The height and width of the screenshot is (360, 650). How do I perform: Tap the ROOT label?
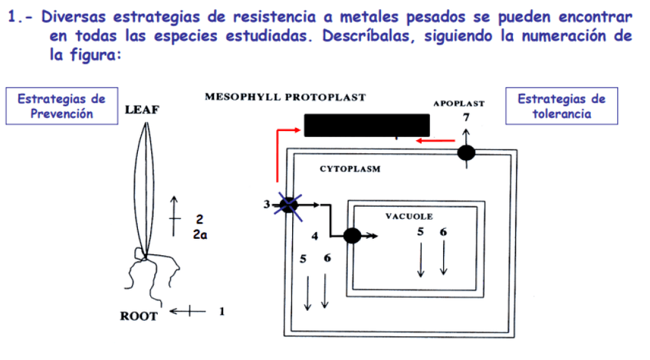pos(139,316)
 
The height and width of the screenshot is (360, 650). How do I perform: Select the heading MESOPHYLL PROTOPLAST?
pos(285,97)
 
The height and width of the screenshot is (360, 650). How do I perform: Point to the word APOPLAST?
pos(458,103)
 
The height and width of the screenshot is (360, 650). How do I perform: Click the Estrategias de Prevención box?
pos(56,106)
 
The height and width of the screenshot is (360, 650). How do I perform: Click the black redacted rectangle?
pos(366,125)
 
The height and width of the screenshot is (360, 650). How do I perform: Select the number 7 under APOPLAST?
pos(465,117)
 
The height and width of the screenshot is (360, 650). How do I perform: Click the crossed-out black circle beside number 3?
pos(289,205)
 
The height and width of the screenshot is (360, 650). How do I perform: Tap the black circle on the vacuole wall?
pos(352,236)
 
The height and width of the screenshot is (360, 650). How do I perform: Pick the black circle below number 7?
pos(466,153)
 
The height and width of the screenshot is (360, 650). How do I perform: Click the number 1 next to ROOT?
pos(222,312)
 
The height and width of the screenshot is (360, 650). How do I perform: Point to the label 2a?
pos(200,236)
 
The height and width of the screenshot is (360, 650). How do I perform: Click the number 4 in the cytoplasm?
pos(314,234)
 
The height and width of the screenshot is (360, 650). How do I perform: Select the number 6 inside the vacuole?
pos(444,232)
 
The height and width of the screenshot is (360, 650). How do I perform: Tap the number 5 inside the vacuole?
pos(421,232)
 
